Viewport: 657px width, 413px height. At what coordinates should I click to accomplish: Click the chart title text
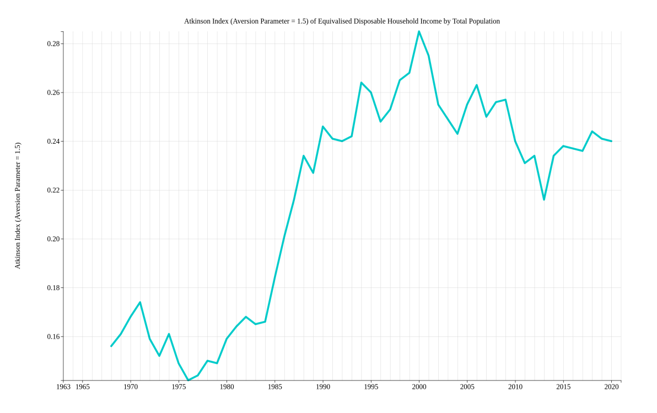coord(342,21)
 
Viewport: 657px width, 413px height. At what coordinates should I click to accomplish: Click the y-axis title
coord(18,205)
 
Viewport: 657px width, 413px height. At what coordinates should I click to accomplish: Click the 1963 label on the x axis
coord(63,387)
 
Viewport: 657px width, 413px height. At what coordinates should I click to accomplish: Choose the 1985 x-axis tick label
coord(275,387)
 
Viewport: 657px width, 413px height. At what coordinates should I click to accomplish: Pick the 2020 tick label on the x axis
coord(611,387)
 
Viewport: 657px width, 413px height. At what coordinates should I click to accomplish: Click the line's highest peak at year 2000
coord(419,31)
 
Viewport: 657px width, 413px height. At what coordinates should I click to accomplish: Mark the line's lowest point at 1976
coord(188,381)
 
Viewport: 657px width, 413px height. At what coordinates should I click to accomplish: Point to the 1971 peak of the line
coord(140,302)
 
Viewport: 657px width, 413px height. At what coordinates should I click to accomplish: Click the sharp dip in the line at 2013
coord(544,199)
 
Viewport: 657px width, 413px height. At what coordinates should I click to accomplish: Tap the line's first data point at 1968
coord(111,346)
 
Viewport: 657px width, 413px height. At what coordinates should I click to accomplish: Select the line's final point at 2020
coord(611,141)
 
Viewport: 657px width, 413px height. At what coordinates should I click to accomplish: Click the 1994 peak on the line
coord(361,83)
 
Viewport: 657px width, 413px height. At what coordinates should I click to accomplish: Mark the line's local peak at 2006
coord(477,85)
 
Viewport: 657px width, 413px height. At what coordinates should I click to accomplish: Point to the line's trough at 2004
coord(457,134)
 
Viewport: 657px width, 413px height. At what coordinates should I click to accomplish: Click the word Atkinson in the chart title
coord(197,21)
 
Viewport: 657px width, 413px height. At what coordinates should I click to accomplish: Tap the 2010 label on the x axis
coord(515,387)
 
